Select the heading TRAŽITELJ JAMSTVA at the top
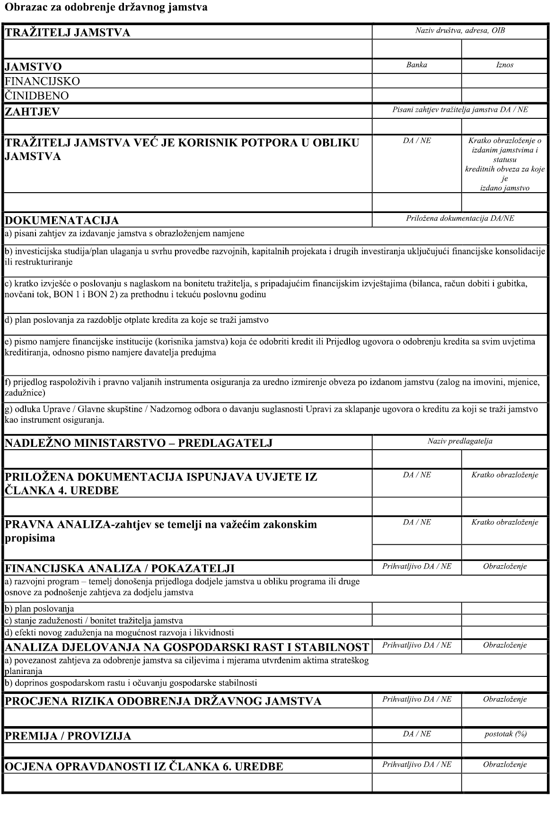pos(67,33)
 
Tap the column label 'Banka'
pos(416,65)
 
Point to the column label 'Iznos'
pos(505,65)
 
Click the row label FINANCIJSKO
pos(43,81)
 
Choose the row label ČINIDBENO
pos(37,96)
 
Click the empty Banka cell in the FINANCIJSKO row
pos(416,81)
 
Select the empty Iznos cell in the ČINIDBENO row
pos(505,96)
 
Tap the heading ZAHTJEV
pos(32,112)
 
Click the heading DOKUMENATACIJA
pos(62,220)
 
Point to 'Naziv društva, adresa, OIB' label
pos(460,31)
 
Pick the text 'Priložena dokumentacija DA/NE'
pos(460,219)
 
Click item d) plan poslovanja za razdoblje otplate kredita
pos(137,320)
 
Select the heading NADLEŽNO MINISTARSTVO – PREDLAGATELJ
pos(138,443)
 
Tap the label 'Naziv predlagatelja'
pos(460,441)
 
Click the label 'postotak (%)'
pos(505,734)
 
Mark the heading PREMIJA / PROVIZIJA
pos(68,736)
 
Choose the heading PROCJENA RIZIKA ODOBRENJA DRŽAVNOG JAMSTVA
pos(163,701)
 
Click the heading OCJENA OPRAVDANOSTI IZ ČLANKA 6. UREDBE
pos(144,766)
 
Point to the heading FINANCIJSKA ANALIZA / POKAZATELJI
pos(119,568)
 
